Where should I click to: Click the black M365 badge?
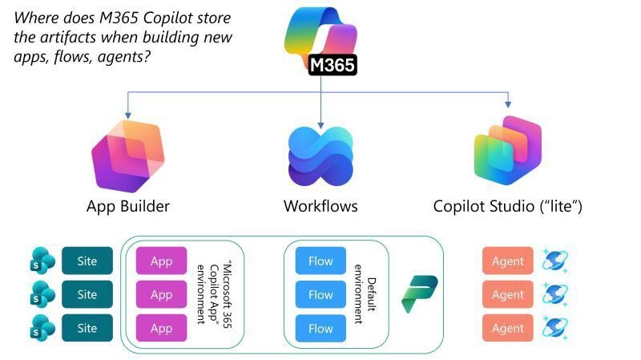click(x=332, y=65)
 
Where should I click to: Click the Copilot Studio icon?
click(x=508, y=156)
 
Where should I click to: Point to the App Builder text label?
click(x=128, y=206)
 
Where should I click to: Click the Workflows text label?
click(x=320, y=206)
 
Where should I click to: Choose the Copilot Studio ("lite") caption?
click(x=507, y=206)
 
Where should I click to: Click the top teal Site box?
click(x=87, y=261)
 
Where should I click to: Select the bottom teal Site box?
click(x=87, y=328)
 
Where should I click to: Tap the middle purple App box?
click(x=161, y=294)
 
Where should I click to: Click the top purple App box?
click(x=161, y=261)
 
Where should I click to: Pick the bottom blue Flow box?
click(x=320, y=328)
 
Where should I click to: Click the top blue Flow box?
click(x=320, y=261)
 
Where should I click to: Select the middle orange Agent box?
click(x=507, y=294)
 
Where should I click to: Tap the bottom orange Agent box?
click(x=507, y=328)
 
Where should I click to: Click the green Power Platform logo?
click(x=419, y=294)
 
